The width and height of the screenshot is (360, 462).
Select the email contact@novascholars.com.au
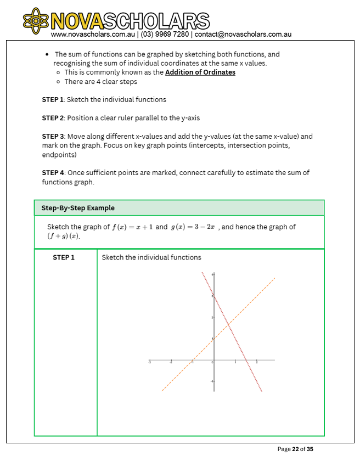(243, 34)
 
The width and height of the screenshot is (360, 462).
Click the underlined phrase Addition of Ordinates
(200, 72)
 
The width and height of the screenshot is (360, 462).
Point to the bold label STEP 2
(53, 118)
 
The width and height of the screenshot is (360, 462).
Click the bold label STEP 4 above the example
(53, 172)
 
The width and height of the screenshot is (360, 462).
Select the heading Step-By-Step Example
(78, 208)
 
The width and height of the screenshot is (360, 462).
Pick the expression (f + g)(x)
(64, 236)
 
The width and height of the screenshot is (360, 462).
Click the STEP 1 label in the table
(64, 257)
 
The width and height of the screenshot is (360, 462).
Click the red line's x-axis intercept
(245, 360)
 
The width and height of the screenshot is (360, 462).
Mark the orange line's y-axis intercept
(213, 339)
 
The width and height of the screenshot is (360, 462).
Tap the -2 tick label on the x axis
(171, 363)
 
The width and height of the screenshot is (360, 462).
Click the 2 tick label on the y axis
(211, 317)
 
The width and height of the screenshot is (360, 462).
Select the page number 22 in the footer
(295, 449)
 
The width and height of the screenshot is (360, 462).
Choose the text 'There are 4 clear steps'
(100, 82)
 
